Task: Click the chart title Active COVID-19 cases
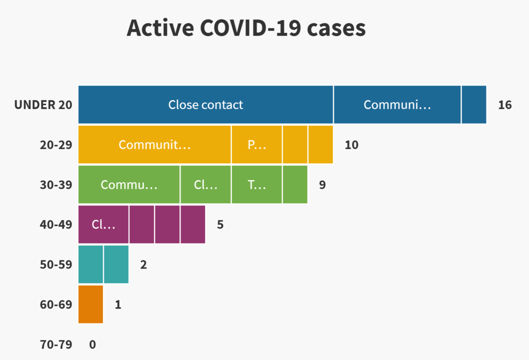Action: pos(246,28)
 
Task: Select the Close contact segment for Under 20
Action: pos(206,105)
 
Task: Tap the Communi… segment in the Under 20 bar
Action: pos(397,105)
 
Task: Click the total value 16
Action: pos(505,105)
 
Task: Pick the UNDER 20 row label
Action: pos(43,105)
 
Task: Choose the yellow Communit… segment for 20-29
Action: pos(154,145)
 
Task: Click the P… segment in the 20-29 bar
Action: pos(257,145)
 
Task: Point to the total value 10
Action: pos(351,145)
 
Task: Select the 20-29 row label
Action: pos(56,145)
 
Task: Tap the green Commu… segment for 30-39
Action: pos(129,184)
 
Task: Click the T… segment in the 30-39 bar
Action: pos(257,184)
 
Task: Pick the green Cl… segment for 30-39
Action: pos(206,184)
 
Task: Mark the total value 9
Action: pos(322,184)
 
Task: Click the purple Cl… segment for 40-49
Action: pos(103,224)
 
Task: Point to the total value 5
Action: pos(220,225)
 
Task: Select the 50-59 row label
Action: pos(56,265)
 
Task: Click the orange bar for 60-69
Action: pos(91,304)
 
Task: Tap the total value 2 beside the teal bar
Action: pos(143,265)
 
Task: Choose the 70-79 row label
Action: pos(56,345)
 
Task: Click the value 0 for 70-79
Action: pos(93,345)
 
